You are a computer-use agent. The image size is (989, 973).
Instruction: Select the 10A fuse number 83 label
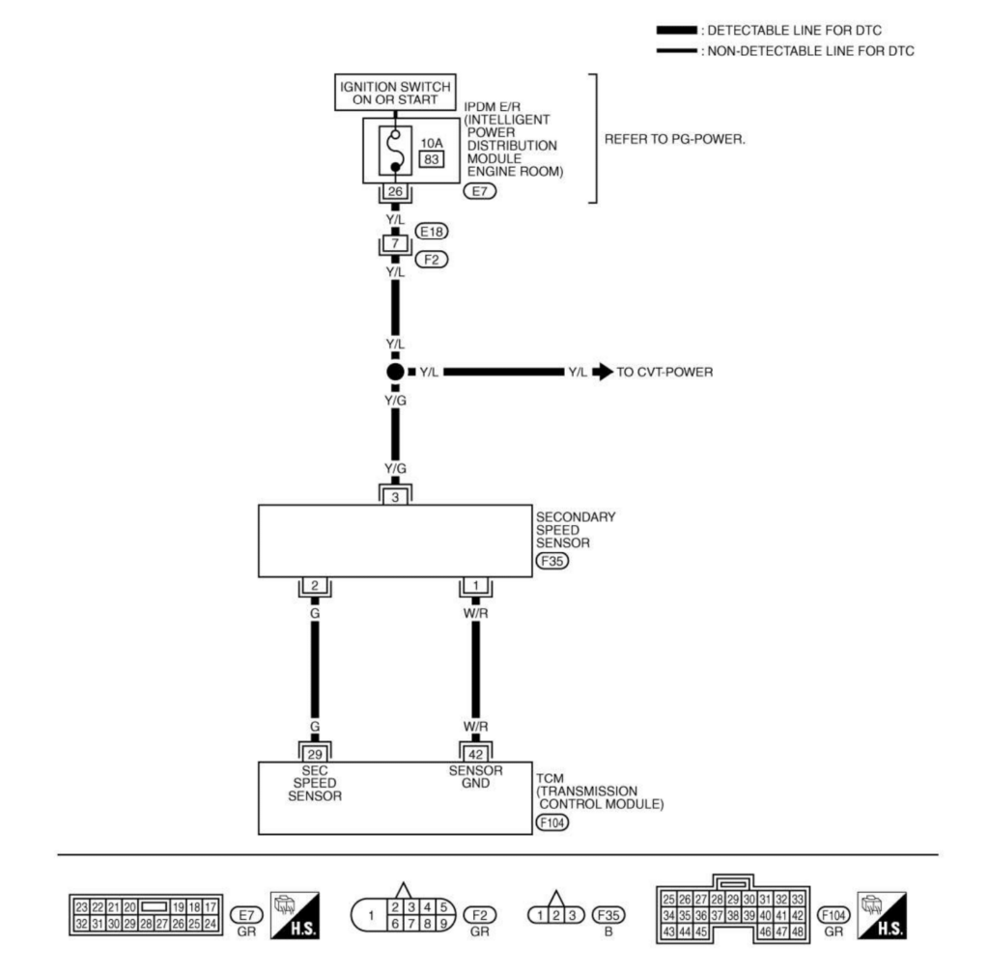tap(431, 159)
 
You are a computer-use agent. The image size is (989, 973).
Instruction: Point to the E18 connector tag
tap(430, 232)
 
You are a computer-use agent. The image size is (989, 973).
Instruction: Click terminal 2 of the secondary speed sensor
tap(314, 586)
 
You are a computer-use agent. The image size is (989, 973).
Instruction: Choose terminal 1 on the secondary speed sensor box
tap(475, 586)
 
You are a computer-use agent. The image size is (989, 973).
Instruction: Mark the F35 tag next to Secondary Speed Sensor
tap(552, 559)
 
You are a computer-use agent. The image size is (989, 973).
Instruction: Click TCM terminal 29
tap(314, 752)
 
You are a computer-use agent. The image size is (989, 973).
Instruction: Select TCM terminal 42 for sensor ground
tap(475, 752)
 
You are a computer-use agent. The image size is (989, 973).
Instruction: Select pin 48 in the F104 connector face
tap(797, 931)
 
